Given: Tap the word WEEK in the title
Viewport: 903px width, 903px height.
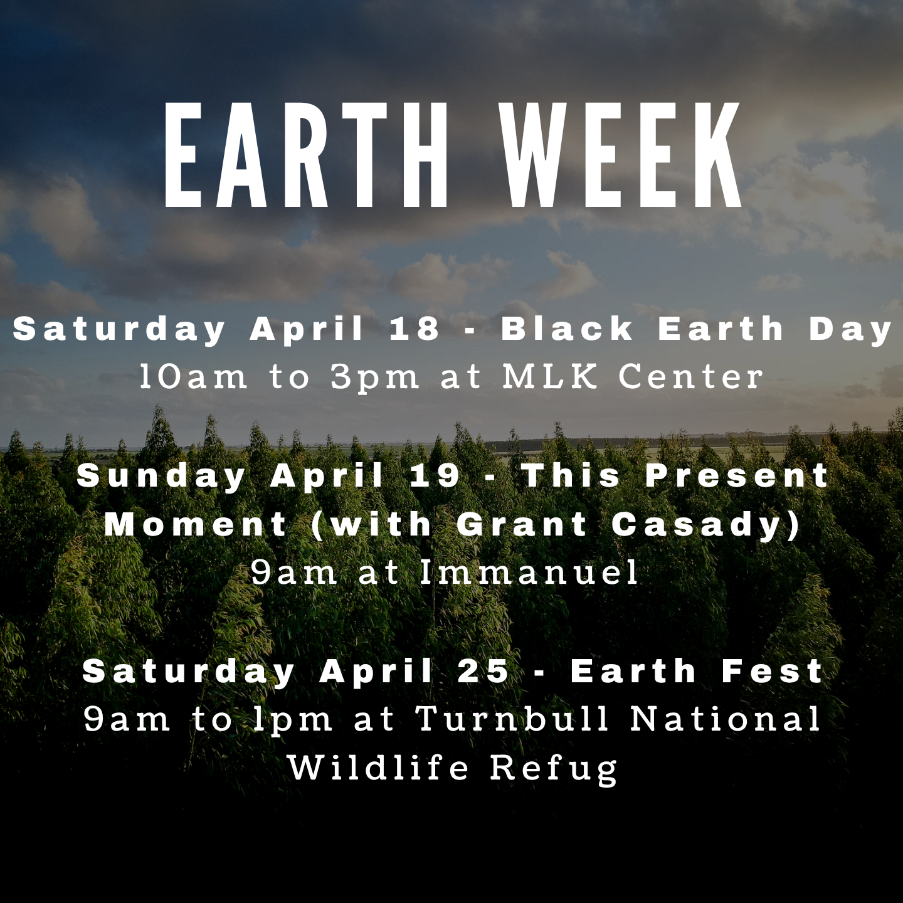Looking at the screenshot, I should point(622,154).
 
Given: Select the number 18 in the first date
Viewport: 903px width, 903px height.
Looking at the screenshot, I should point(414,329).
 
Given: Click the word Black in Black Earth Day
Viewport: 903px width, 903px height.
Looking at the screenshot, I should point(567,329).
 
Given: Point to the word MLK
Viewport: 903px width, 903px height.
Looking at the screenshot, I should point(550,376).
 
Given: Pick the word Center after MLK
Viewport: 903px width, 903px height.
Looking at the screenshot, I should point(690,376).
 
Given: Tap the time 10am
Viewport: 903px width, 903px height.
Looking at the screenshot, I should point(193,376).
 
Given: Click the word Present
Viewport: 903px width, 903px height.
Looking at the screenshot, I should point(737,475).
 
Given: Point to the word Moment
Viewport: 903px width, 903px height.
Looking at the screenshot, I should point(196,524).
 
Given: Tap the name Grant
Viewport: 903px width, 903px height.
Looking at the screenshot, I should point(522,524).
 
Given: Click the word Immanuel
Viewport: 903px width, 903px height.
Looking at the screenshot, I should point(529,572).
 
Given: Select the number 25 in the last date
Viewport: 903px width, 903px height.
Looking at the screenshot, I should point(483,671).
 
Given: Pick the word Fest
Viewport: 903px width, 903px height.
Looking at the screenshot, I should point(772,671).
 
